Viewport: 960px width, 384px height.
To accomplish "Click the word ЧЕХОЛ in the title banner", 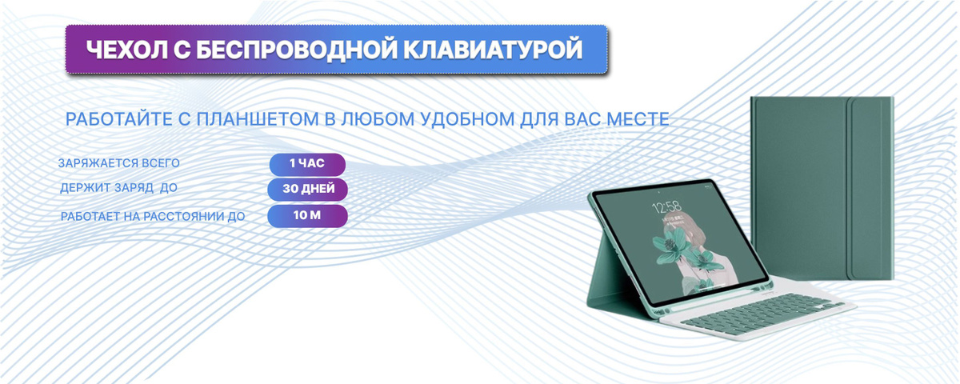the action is pyautogui.click(x=126, y=50).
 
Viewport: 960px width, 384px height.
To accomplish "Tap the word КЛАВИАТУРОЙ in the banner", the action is pyautogui.click(x=493, y=50).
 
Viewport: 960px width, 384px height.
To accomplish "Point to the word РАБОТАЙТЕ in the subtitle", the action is pyautogui.click(x=119, y=119).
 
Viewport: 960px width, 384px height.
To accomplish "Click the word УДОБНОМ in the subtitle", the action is pyautogui.click(x=467, y=119).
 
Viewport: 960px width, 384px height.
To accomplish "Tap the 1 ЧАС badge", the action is pyautogui.click(x=307, y=164).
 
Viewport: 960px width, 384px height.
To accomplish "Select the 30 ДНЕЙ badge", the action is pyautogui.click(x=307, y=189).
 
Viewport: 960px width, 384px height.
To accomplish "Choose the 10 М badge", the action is pyautogui.click(x=307, y=215).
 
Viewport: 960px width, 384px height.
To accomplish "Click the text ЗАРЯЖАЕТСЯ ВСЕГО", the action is pyautogui.click(x=118, y=163).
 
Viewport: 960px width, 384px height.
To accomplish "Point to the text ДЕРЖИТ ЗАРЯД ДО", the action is pyautogui.click(x=118, y=188).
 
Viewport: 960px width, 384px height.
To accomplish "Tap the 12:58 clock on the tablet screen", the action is pyautogui.click(x=666, y=207).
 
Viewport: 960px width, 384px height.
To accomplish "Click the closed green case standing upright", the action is pyautogui.click(x=822, y=188).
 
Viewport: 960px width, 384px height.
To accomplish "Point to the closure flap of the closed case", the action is pyautogui.click(x=870, y=188).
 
